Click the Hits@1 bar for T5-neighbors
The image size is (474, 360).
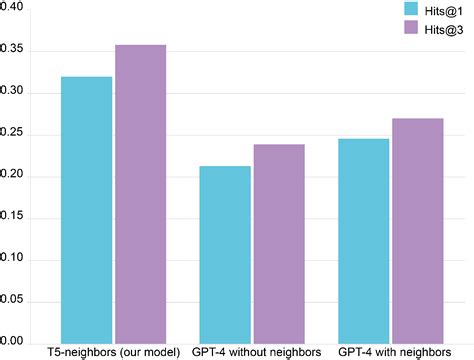(86, 210)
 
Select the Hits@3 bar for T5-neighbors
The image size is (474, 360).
(140, 194)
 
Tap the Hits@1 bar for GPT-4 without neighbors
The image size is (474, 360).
(225, 254)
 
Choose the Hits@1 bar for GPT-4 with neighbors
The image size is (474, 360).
(363, 240)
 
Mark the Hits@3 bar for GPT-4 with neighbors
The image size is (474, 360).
(417, 230)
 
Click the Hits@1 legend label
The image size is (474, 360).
(441, 9)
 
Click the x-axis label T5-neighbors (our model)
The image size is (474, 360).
(113, 353)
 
